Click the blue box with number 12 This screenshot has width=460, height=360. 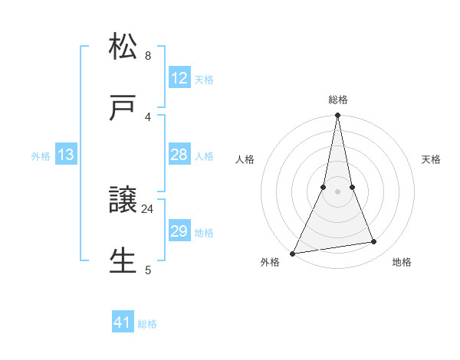tap(179, 78)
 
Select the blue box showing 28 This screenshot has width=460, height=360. tap(179, 155)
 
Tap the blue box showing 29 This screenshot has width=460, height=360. tap(179, 231)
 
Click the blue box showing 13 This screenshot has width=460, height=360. tap(66, 155)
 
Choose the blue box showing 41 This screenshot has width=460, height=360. tap(123, 322)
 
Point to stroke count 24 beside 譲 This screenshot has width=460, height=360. tap(148, 208)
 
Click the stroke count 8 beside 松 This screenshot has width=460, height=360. tap(148, 55)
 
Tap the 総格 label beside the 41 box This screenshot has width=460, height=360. tap(147, 324)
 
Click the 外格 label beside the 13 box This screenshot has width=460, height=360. tap(41, 156)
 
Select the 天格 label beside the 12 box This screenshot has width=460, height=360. tap(204, 80)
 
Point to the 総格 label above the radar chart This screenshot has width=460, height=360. tap(338, 100)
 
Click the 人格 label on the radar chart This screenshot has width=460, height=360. tap(245, 159)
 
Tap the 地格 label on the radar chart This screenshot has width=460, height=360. tap(402, 262)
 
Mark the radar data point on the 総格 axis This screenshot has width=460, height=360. tap(337, 116)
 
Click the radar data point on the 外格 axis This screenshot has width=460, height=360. tap(293, 253)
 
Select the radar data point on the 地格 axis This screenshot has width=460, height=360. tap(374, 242)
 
